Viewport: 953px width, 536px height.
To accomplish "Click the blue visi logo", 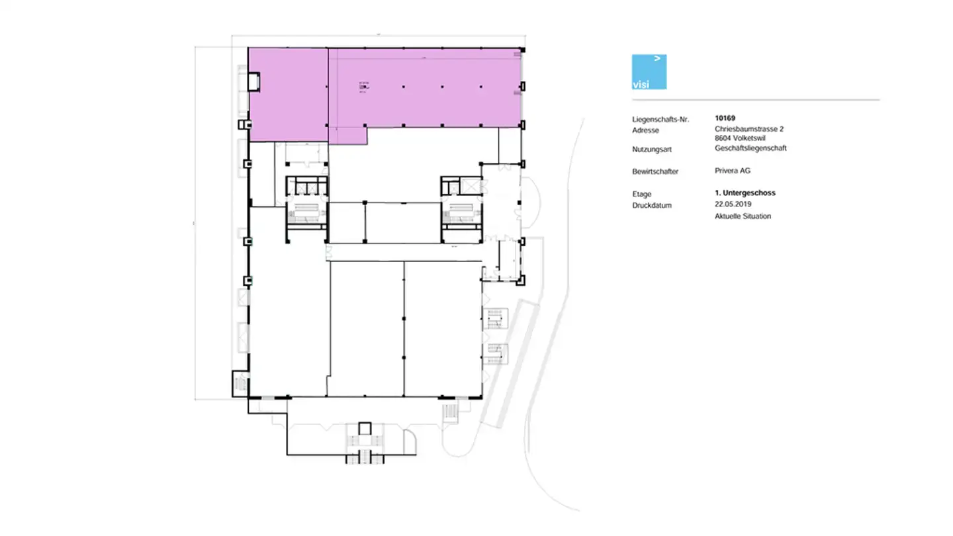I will point(649,71).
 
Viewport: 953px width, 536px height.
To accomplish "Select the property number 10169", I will point(725,118).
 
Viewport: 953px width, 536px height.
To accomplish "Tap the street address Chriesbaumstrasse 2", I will point(749,129).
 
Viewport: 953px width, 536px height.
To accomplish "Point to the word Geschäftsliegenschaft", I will point(750,148).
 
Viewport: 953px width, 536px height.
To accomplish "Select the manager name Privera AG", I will point(733,171).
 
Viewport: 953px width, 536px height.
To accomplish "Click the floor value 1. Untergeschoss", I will point(745,193).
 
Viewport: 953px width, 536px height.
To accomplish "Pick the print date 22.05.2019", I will point(733,204).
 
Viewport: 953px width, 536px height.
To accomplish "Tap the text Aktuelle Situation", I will point(743,216).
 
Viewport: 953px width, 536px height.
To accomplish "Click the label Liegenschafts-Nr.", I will point(660,120).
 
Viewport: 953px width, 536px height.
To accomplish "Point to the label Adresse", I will point(645,130).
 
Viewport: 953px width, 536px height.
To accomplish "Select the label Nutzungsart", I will point(651,150).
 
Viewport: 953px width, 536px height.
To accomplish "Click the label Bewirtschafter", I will point(655,171).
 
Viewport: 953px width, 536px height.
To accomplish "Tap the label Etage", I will point(641,195).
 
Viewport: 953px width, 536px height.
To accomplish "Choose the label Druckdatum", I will point(651,206).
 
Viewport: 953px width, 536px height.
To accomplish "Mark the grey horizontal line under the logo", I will point(755,100).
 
